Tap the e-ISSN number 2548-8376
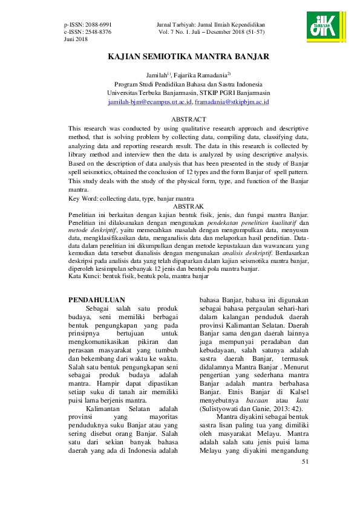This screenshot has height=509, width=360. tap(98, 31)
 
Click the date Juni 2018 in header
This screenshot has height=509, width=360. tap(77, 39)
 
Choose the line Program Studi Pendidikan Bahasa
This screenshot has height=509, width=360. tap(188, 85)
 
